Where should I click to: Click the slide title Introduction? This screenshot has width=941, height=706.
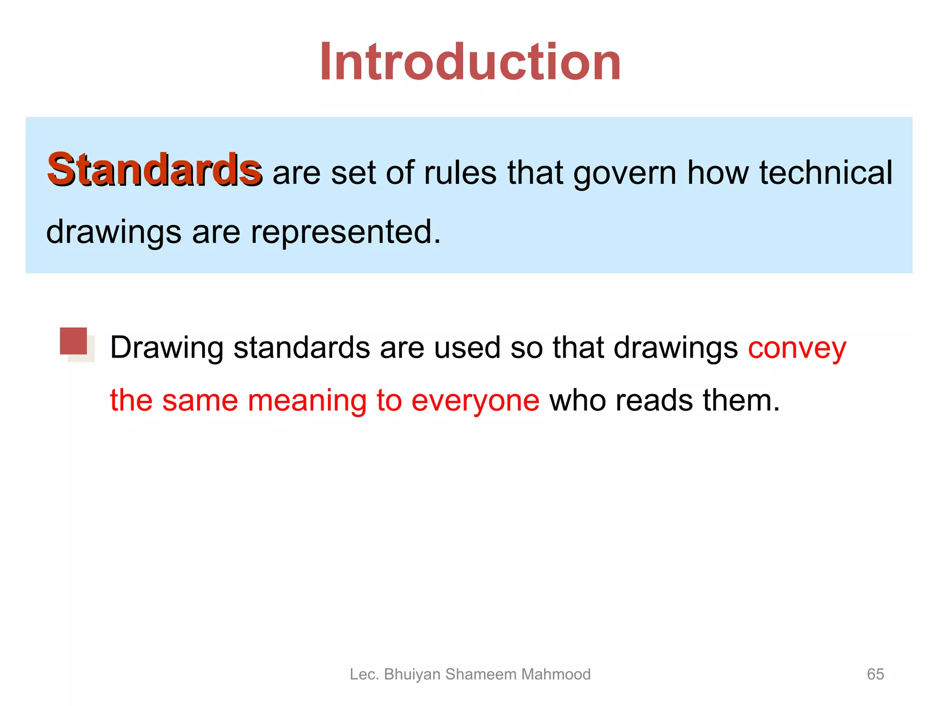point(470,62)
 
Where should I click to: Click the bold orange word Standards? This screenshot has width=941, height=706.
point(154,170)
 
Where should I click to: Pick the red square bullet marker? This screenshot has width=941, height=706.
point(74,341)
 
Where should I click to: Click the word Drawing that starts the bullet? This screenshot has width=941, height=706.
point(166,348)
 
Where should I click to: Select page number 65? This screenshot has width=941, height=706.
point(875,674)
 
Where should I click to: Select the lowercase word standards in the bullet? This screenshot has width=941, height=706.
point(301,348)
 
